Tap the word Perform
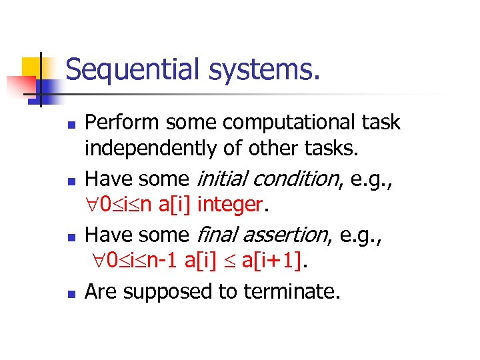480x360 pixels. pyautogui.click(x=123, y=123)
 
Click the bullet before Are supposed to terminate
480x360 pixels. pyautogui.click(x=75, y=292)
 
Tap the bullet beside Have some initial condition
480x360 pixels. pyautogui.click(x=75, y=180)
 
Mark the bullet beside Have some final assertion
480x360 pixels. pyautogui.click(x=75, y=236)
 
